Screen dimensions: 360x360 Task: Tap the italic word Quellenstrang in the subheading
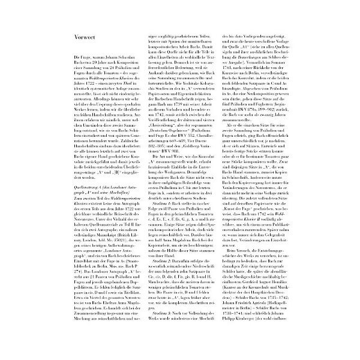coord(71,177)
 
